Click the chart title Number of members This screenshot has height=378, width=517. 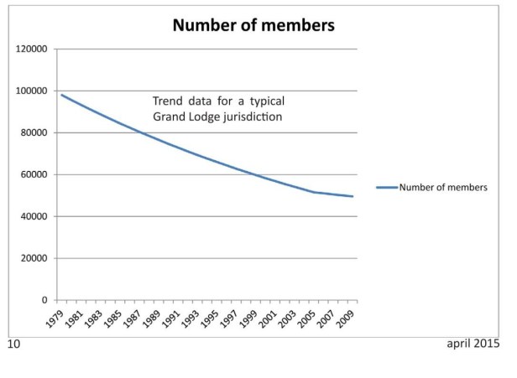click(x=253, y=25)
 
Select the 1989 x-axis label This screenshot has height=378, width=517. click(x=152, y=317)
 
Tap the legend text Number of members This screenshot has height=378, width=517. click(x=442, y=188)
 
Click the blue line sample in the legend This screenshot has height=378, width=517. click(x=386, y=188)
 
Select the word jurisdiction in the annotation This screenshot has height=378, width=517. click(x=249, y=117)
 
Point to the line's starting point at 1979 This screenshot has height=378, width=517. click(x=61, y=95)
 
